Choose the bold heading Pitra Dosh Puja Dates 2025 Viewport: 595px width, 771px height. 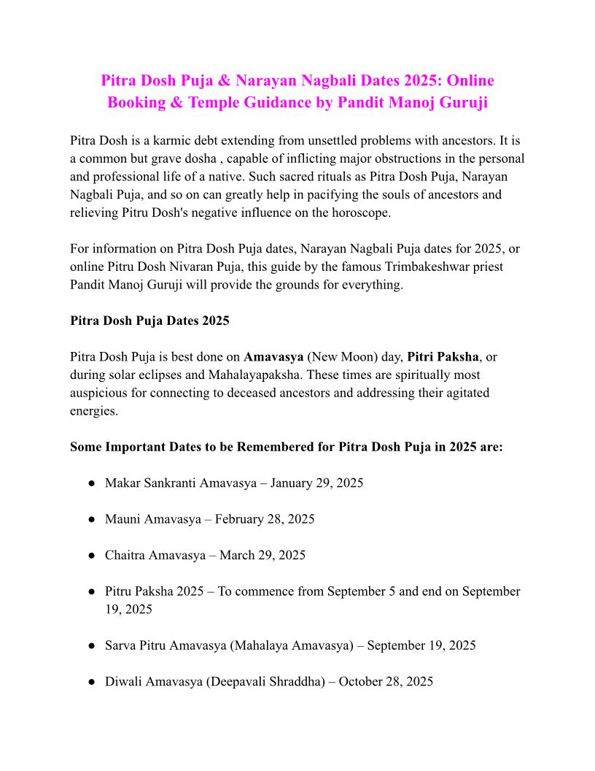pyautogui.click(x=149, y=321)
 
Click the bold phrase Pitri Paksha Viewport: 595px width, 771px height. pyautogui.click(x=443, y=357)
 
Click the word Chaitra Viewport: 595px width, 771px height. pyautogui.click(x=125, y=555)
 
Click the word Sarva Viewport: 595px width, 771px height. pyautogui.click(x=122, y=645)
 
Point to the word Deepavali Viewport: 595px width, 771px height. pyautogui.click(x=237, y=681)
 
